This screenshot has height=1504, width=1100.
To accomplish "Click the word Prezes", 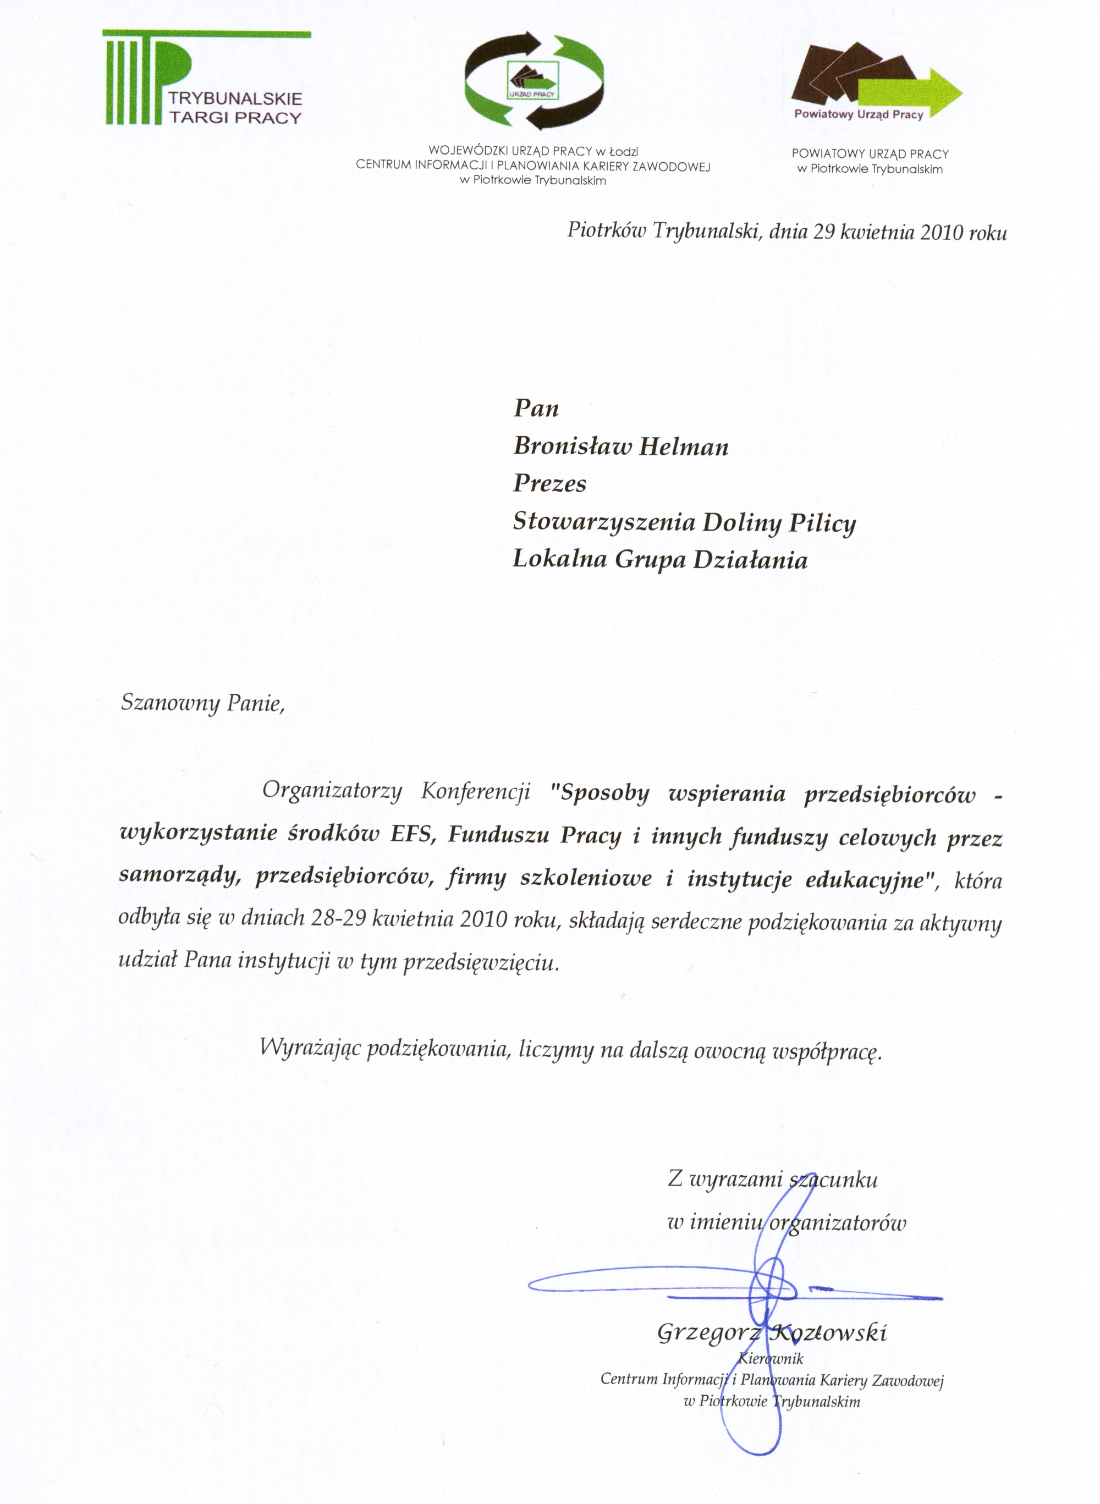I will tap(549, 484).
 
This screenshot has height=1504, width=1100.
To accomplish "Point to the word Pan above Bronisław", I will tap(536, 408).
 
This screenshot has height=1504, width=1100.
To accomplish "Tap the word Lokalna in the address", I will tap(559, 560).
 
